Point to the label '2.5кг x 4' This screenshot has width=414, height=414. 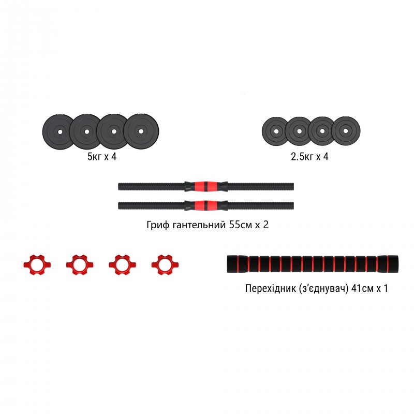309,156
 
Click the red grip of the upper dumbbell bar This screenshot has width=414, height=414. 206,186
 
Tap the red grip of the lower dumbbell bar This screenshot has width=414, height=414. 206,205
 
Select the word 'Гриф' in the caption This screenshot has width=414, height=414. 157,226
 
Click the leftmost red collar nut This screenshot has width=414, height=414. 34,264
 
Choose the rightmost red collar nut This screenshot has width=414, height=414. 162,264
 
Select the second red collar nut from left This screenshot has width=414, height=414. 77,264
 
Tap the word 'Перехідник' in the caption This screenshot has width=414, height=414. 269,289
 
